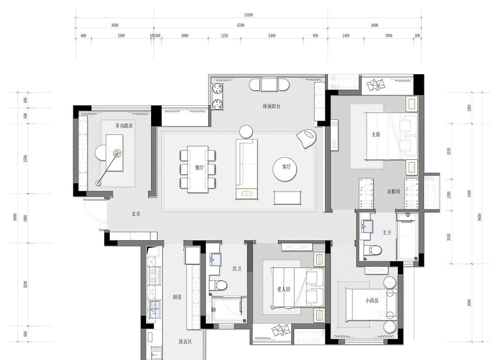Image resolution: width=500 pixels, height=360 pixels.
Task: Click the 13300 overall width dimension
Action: pos(248,15)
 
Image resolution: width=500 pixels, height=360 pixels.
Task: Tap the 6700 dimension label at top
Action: pos(241,25)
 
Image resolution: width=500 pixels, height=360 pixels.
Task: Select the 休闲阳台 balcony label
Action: pos(271,106)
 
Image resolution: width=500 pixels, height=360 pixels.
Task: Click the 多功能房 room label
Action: pos(124,125)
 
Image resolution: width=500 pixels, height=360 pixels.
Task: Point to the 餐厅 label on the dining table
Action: pos(199,167)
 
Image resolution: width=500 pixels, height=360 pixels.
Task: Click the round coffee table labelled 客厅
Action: pos(285,170)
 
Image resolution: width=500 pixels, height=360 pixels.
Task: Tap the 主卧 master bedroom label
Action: pos(376,135)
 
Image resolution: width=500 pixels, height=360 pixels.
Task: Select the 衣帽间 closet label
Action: pos(393,191)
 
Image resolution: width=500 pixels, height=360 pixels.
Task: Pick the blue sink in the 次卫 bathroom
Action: pos(216,259)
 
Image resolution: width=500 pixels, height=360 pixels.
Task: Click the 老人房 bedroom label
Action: pos(284,289)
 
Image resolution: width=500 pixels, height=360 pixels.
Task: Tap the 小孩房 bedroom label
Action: pos(372,301)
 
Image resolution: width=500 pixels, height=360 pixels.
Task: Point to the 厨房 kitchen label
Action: pos(177,297)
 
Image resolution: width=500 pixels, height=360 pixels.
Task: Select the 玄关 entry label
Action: pos(136,214)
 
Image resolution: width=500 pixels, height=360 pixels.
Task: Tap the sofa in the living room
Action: pos(247,169)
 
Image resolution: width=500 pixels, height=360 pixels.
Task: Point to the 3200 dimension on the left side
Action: pos(25,285)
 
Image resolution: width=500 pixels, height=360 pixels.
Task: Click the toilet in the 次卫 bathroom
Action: pos(218,285)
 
